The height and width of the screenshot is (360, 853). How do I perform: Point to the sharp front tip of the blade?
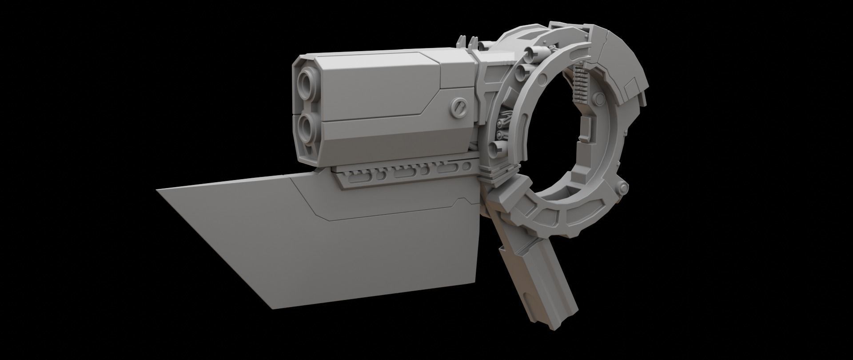tap(158, 190)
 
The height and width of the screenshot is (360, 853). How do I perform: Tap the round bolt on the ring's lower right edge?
tap(624, 186)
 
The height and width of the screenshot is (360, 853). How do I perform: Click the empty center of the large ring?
tap(555, 133)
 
